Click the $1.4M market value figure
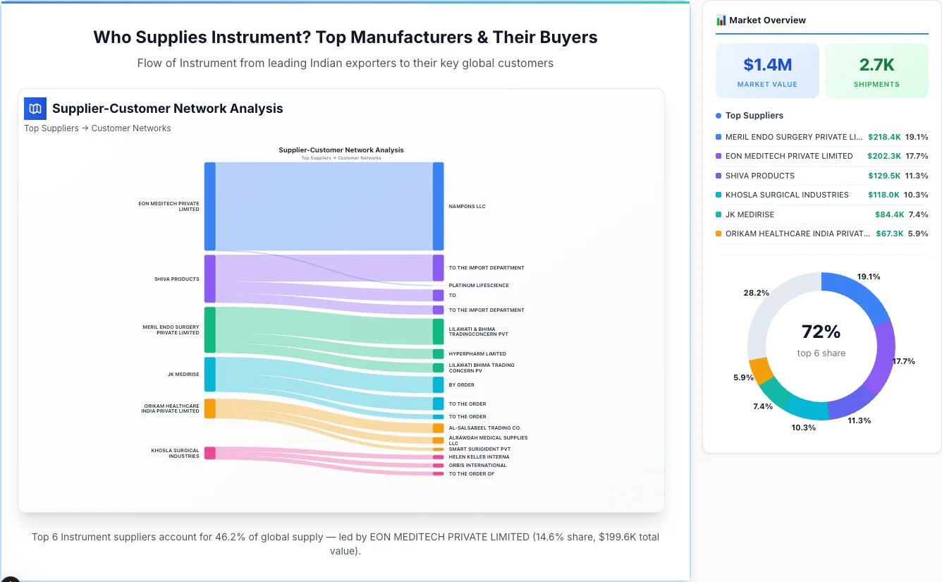[767, 65]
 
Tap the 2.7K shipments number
[876, 65]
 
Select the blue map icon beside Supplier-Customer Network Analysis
[35, 109]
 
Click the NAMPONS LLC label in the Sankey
[467, 207]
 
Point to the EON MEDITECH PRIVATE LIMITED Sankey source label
[169, 206]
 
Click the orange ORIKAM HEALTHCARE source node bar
[209, 408]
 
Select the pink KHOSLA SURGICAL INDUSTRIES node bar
[209, 453]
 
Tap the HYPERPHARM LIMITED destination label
[477, 354]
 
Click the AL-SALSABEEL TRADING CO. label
[484, 428]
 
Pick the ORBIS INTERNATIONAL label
[477, 466]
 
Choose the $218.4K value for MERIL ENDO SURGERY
[884, 137]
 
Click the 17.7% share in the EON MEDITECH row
[917, 156]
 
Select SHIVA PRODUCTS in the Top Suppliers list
[759, 176]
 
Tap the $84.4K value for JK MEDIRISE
[889, 214]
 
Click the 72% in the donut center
[821, 332]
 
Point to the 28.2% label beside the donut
[756, 293]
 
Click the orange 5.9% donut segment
[761, 370]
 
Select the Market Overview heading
[767, 20]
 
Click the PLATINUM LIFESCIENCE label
[479, 286]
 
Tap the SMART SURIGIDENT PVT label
[479, 449]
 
